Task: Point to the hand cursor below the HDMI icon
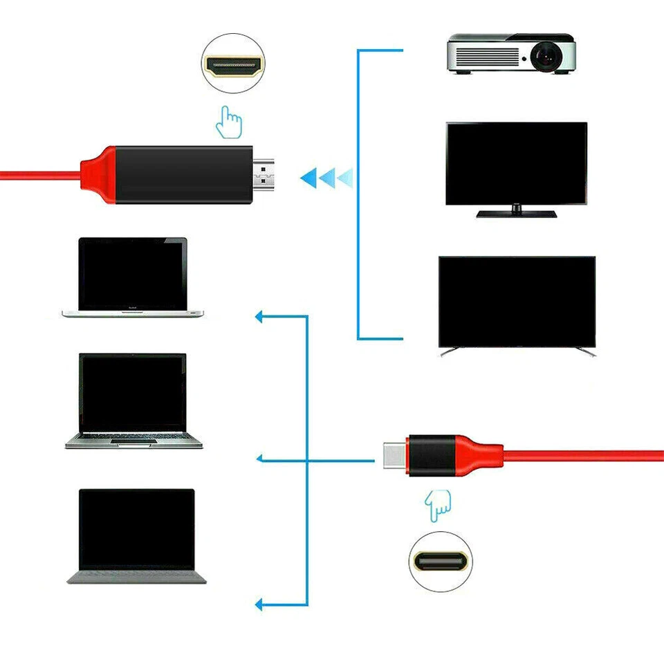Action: coord(230,122)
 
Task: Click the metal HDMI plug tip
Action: coord(264,175)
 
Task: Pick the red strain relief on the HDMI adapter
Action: coord(96,175)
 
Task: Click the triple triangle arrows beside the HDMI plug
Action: coord(326,178)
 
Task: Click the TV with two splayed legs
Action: coord(517,302)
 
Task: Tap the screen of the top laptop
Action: coord(133,274)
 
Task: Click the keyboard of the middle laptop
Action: coord(133,438)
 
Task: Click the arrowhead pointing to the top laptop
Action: coord(261,317)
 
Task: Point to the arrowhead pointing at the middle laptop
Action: coord(261,459)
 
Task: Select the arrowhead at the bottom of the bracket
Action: coord(261,605)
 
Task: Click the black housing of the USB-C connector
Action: coord(430,455)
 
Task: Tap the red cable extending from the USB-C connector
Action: coord(581,455)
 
